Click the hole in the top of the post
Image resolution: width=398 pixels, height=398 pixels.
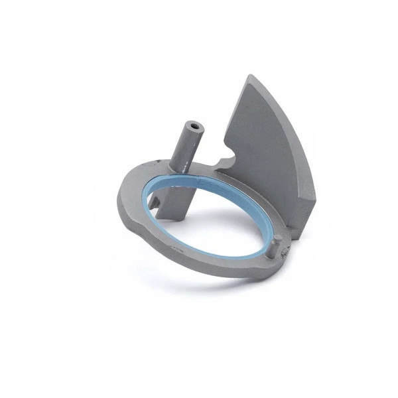(194, 124)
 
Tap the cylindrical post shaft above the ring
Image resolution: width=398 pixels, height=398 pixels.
(186, 146)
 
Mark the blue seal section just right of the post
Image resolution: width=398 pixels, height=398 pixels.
(219, 182)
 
